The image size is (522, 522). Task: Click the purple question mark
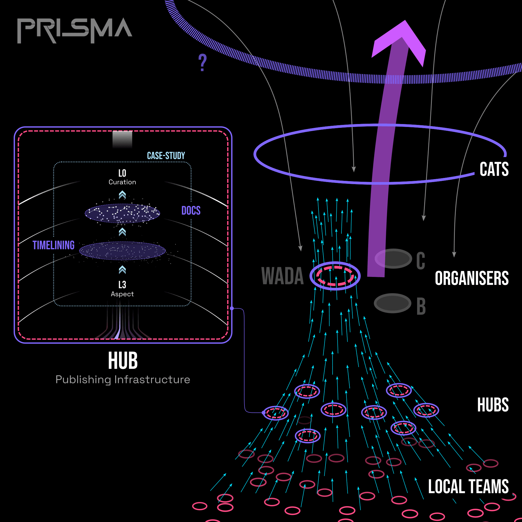tap(202, 62)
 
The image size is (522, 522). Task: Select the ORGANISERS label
tap(472, 278)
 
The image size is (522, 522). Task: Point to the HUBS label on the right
tap(493, 405)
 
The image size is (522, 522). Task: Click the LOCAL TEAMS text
tap(468, 486)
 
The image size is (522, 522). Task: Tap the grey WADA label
tap(282, 276)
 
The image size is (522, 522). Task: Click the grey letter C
tap(421, 261)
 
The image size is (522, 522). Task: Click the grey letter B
tap(421, 306)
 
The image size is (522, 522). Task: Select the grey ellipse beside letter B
tap(392, 303)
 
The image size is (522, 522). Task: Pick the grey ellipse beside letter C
tap(393, 259)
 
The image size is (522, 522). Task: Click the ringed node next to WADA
tap(335, 276)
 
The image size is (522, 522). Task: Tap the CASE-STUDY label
tap(166, 156)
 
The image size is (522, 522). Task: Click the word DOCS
tap(191, 211)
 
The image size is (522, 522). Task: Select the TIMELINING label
tap(53, 245)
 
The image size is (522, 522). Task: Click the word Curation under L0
tap(122, 182)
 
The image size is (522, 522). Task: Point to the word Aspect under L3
tap(122, 294)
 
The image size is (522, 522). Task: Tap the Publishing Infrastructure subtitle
tap(123, 380)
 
